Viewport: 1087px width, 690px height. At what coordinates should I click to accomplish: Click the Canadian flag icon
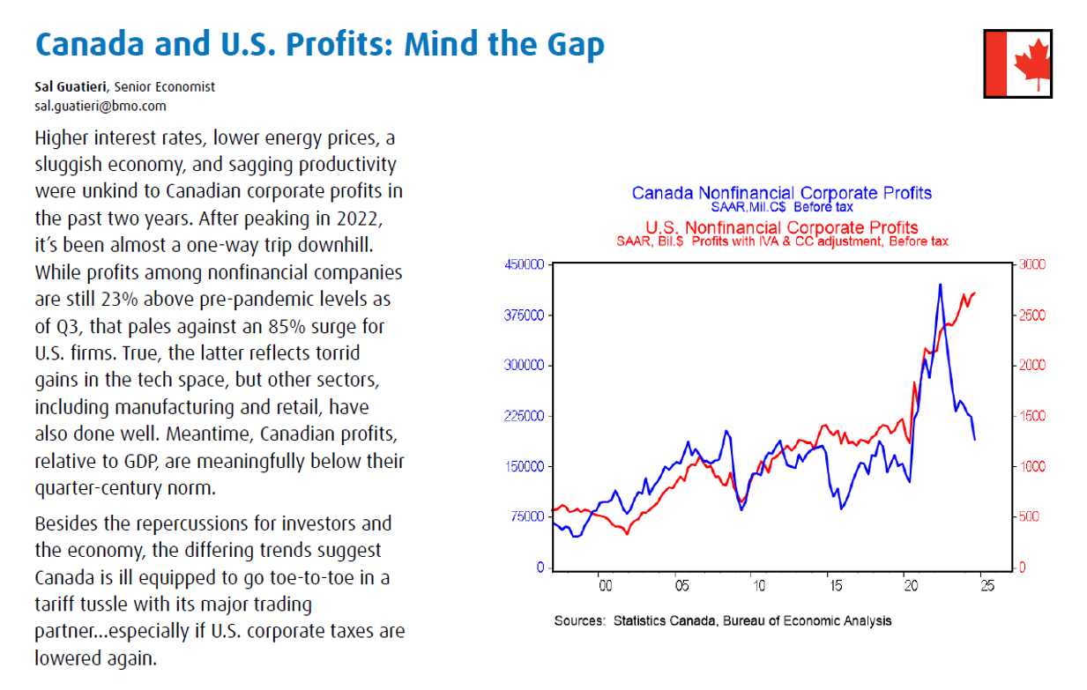pyautogui.click(x=1017, y=63)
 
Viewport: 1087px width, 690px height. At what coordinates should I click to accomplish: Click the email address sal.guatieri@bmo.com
pyautogui.click(x=101, y=106)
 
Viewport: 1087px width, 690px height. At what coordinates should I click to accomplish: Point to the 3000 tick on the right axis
pyautogui.click(x=1032, y=264)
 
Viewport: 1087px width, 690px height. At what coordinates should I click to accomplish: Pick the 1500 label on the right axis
pyautogui.click(x=1032, y=416)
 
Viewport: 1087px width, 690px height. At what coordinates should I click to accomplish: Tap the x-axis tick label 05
pyautogui.click(x=680, y=585)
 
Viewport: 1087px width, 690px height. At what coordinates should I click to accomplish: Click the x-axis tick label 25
pyautogui.click(x=986, y=585)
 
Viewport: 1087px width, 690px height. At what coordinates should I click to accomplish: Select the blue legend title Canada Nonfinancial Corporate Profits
pyautogui.click(x=782, y=193)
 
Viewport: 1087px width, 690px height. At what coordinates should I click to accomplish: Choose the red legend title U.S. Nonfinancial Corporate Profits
pyautogui.click(x=782, y=227)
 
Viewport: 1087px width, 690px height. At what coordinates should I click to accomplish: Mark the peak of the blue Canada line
pyautogui.click(x=940, y=285)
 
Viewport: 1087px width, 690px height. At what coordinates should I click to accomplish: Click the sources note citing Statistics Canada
pyautogui.click(x=722, y=620)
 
